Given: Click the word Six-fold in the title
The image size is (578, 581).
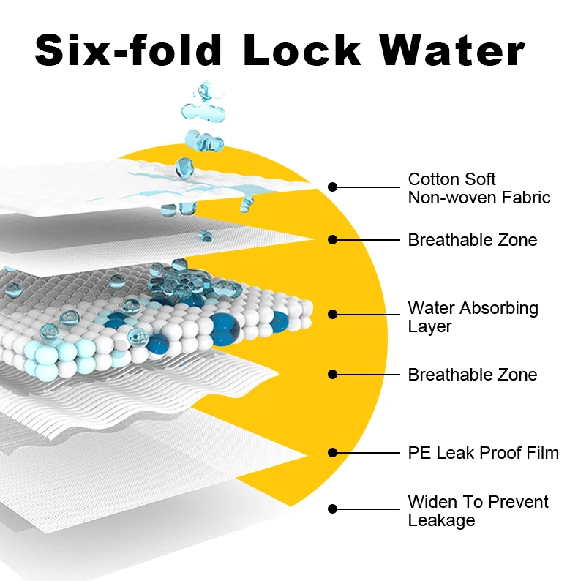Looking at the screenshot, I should click(129, 50).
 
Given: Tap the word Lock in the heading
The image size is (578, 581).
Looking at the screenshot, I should click(302, 50).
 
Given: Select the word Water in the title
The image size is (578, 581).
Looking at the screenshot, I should click(452, 50).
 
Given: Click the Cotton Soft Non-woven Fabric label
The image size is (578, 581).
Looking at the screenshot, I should click(478, 188).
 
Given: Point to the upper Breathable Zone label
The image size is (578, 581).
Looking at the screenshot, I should click(472, 240).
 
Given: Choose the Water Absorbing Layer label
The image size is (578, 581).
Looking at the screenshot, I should click(473, 317).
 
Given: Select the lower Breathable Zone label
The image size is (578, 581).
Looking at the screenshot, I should click(472, 375).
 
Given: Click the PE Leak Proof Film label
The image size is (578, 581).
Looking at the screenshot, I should click(483, 453).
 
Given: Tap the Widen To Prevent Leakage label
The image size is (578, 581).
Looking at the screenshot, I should click(478, 511).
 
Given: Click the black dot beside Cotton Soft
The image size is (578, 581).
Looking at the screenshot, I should click(332, 187).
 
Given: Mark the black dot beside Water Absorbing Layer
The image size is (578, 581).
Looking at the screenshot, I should click(332, 314).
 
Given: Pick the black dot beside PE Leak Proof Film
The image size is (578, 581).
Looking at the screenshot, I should click(332, 452).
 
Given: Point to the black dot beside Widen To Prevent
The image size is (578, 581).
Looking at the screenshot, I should click(332, 509).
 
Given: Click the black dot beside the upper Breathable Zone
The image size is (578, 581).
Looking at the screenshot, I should click(332, 239).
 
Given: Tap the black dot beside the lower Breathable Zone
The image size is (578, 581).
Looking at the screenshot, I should click(332, 374).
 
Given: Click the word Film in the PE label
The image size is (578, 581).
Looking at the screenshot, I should click(543, 453).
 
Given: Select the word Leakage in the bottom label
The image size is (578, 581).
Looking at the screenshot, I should click(441, 520).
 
